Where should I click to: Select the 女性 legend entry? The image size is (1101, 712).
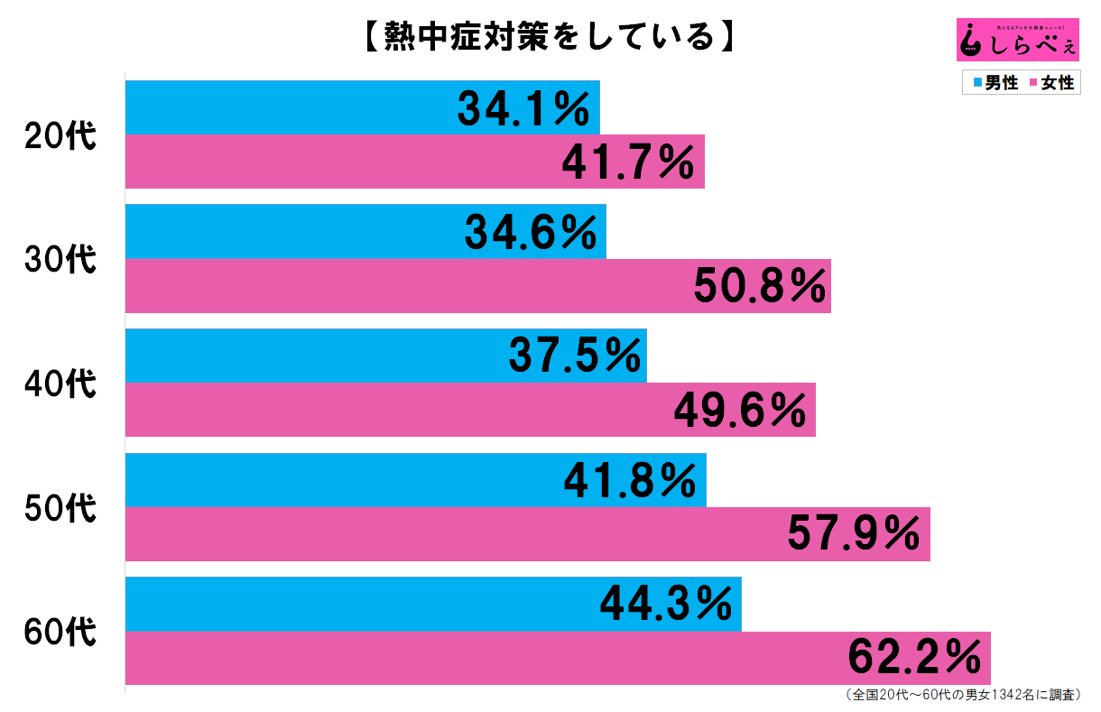click(1049, 83)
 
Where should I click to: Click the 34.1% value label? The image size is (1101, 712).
click(523, 109)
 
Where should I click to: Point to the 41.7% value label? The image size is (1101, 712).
click(627, 162)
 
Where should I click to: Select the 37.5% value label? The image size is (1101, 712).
click(574, 356)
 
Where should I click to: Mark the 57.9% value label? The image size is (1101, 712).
click(854, 535)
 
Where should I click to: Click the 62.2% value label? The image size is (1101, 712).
click(914, 659)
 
